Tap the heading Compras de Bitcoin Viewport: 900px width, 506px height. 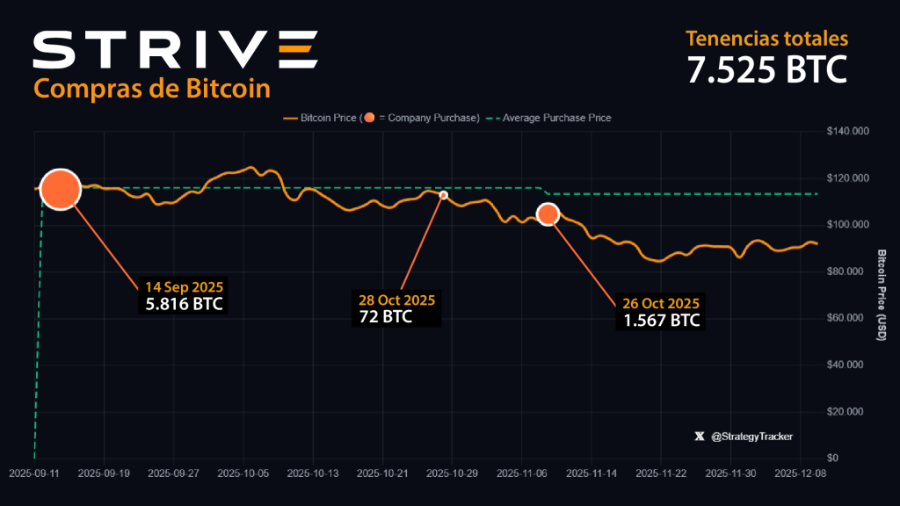(151, 89)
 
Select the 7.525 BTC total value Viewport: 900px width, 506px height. (766, 69)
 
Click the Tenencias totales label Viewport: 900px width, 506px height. (766, 39)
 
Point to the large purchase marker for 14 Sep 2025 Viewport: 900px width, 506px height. (61, 189)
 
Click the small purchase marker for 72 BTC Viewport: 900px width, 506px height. (444, 195)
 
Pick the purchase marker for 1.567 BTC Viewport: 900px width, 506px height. (548, 213)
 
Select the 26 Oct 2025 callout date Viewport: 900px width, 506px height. (661, 303)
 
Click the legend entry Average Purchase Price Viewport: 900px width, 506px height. (556, 117)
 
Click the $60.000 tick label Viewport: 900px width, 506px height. (847, 318)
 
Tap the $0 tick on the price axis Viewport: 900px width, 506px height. (831, 458)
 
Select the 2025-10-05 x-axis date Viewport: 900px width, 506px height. (243, 473)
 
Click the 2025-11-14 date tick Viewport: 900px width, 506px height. (592, 473)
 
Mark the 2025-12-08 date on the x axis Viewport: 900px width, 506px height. (801, 473)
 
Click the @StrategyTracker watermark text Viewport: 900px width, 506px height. (746, 436)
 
